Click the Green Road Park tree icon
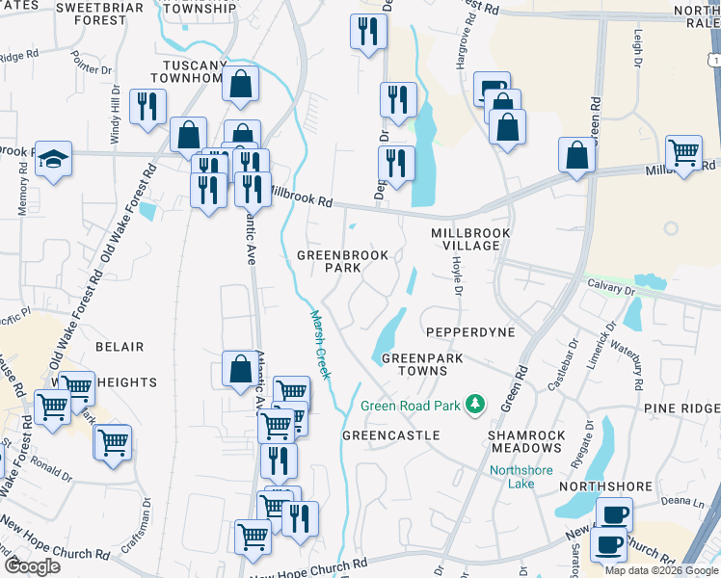(x=473, y=404)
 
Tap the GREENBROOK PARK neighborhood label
(x=342, y=262)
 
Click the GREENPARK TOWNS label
(x=422, y=364)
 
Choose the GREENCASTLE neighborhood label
(x=391, y=435)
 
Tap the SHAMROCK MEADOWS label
(x=526, y=442)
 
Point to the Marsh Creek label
(x=320, y=344)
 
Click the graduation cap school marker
(x=53, y=160)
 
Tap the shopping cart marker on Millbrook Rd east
(x=683, y=152)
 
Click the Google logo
(x=33, y=566)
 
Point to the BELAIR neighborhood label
(x=120, y=347)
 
